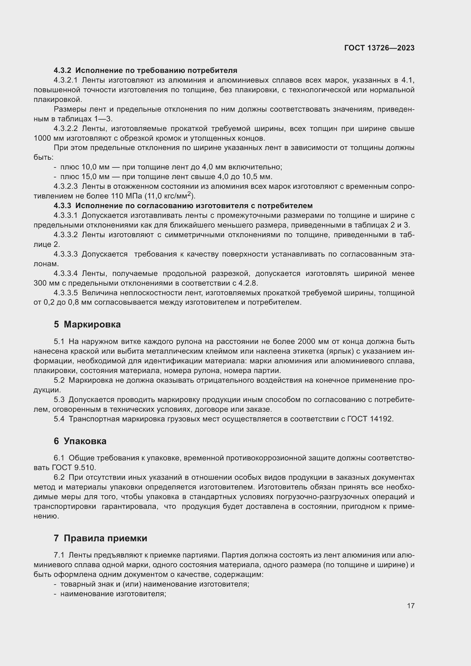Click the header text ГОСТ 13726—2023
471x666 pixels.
tap(379, 48)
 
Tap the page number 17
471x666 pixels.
tap(410, 606)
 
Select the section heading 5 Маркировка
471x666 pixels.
tap(87, 324)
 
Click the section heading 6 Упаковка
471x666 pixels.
tap(80, 441)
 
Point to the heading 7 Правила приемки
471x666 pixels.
tap(100, 538)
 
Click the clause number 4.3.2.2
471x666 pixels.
tap(66, 128)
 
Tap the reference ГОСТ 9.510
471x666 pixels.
tap(74, 468)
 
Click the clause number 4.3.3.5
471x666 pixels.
tap(66, 293)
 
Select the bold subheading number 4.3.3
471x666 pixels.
tap(62, 206)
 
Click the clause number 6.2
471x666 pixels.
tap(59, 478)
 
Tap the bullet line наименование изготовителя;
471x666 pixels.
tap(113, 594)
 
